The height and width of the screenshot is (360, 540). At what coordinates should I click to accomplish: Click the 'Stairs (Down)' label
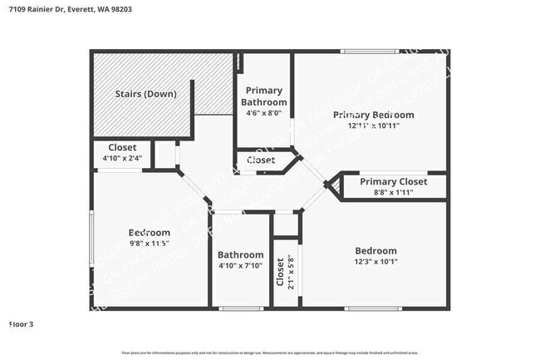pyautogui.click(x=145, y=94)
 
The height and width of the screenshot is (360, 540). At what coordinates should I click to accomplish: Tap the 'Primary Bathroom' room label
pyautogui.click(x=264, y=96)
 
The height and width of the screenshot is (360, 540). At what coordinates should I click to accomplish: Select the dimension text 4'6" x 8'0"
pyautogui.click(x=264, y=113)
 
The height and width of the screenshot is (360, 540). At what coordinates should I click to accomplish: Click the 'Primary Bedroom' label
pyautogui.click(x=373, y=115)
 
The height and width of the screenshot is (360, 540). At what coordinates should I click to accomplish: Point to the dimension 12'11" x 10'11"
pyautogui.click(x=373, y=126)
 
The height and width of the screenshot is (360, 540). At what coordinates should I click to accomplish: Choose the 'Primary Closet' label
pyautogui.click(x=393, y=181)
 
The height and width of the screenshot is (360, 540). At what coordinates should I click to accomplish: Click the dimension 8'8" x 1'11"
pyautogui.click(x=393, y=192)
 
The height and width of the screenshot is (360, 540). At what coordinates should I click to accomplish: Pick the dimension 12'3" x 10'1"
pyautogui.click(x=376, y=262)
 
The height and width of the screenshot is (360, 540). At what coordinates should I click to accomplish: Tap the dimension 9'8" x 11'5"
pyautogui.click(x=149, y=244)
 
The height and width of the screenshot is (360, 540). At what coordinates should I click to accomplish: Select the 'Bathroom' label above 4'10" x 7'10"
pyautogui.click(x=240, y=254)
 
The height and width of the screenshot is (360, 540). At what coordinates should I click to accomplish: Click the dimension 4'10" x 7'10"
pyautogui.click(x=240, y=265)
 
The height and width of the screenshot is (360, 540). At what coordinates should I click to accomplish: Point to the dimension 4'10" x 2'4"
pyautogui.click(x=122, y=158)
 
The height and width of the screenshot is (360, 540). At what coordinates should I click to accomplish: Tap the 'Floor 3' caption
pyautogui.click(x=21, y=323)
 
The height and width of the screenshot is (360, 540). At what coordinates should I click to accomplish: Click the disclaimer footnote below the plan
pyautogui.click(x=270, y=353)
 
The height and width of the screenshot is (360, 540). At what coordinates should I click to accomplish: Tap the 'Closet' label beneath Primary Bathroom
pyautogui.click(x=261, y=160)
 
